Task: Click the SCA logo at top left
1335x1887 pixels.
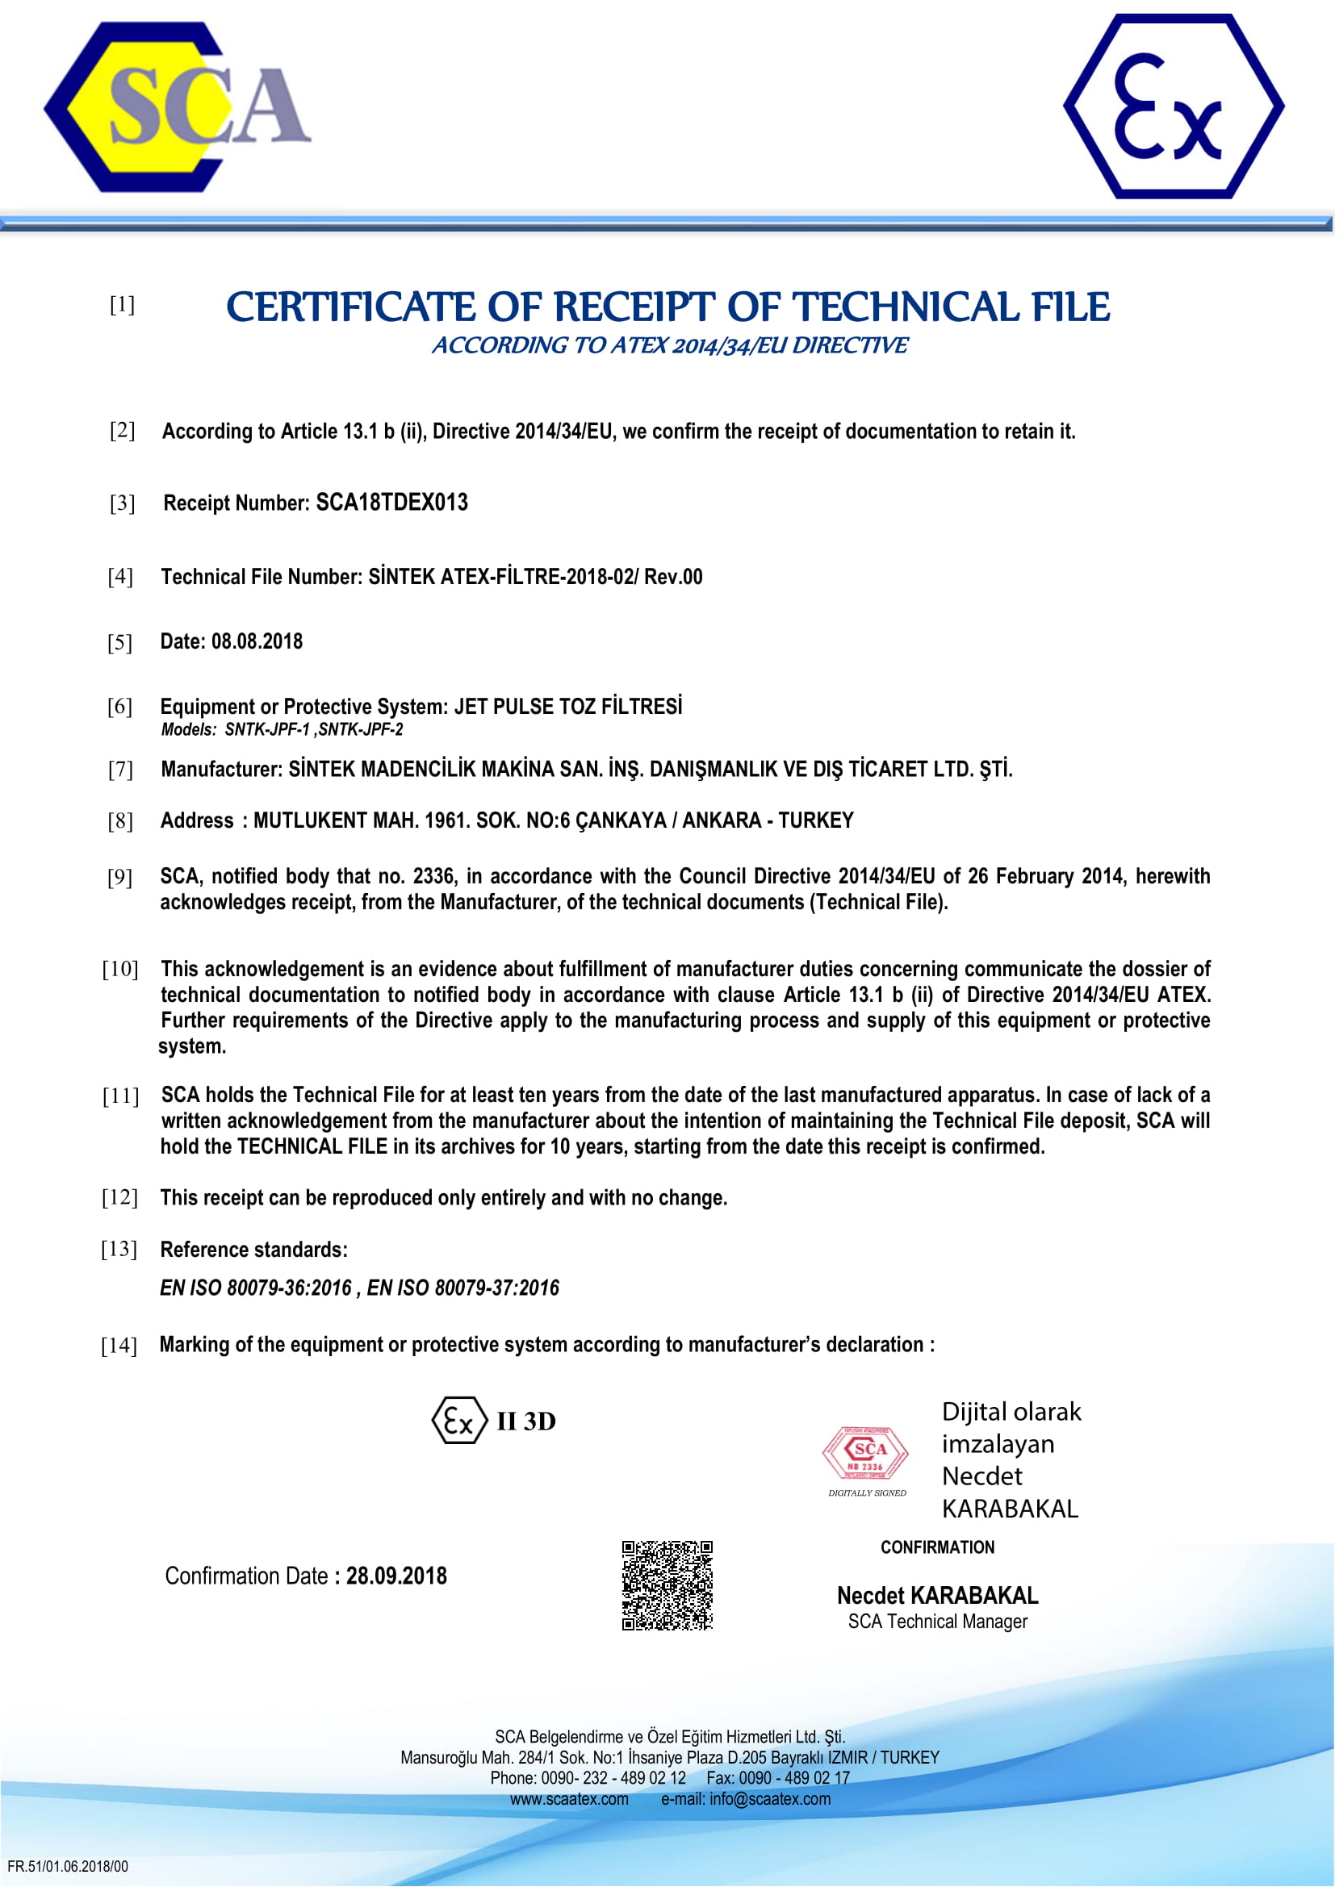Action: click(x=177, y=107)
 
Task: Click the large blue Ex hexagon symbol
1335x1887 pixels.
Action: click(x=1173, y=106)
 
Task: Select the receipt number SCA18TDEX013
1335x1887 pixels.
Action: click(x=392, y=502)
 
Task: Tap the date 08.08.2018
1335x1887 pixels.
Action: click(x=257, y=641)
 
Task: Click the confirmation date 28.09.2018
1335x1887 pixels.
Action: click(x=396, y=1576)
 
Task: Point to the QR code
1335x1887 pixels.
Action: click(x=667, y=1585)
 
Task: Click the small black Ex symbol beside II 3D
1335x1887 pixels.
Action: click(x=459, y=1421)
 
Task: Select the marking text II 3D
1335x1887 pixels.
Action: click(x=526, y=1422)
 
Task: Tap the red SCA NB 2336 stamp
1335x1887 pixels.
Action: click(x=865, y=1453)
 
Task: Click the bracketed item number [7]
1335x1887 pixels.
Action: click(x=121, y=770)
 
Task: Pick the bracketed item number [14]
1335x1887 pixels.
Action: click(x=119, y=1346)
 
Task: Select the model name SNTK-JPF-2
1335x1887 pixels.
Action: click(x=361, y=730)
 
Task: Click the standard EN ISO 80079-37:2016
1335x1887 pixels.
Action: click(x=462, y=1288)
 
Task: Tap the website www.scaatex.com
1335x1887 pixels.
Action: click(x=569, y=1799)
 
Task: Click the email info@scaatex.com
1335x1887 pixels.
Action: click(x=769, y=1799)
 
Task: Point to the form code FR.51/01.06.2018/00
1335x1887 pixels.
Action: click(x=68, y=1867)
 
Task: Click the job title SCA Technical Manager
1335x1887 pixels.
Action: click(x=937, y=1622)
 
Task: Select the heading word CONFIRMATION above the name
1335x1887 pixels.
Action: click(x=937, y=1547)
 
